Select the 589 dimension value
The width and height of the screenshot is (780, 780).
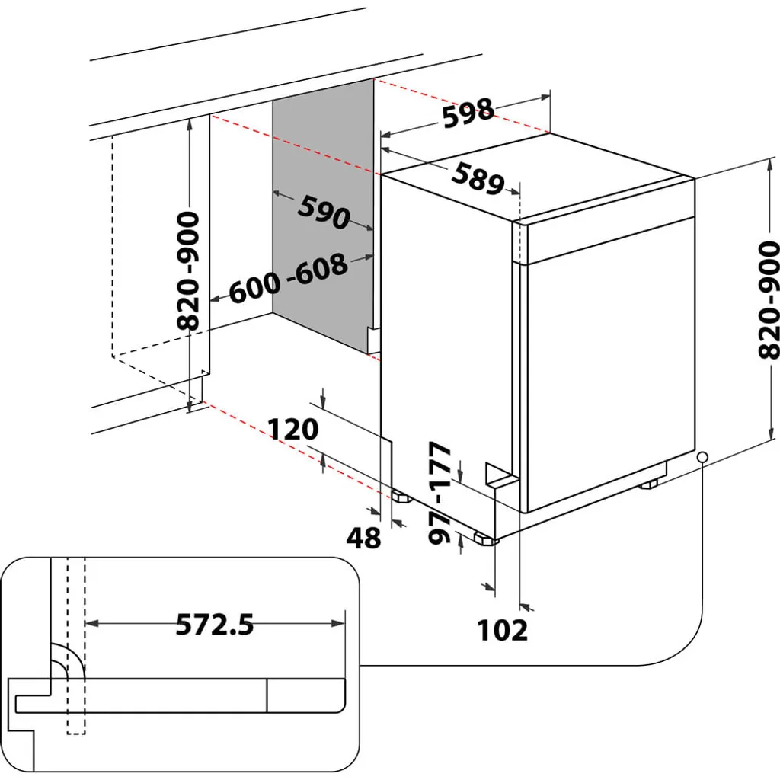pos(478,178)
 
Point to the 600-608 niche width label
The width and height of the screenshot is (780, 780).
pos(289,279)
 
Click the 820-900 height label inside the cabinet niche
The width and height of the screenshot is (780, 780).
pos(188,270)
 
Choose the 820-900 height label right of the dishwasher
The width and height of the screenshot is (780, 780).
pos(769,299)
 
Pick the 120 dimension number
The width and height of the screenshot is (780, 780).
pos(292,429)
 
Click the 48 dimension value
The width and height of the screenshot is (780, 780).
pos(363,538)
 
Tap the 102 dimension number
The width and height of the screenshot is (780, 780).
pos(502,630)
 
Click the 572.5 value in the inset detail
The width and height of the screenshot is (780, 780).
pos(214,625)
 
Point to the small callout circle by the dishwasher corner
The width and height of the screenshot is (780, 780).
pos(702,456)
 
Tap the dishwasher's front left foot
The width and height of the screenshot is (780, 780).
pos(485,539)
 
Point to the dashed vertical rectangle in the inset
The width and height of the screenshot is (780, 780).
pos(75,647)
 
